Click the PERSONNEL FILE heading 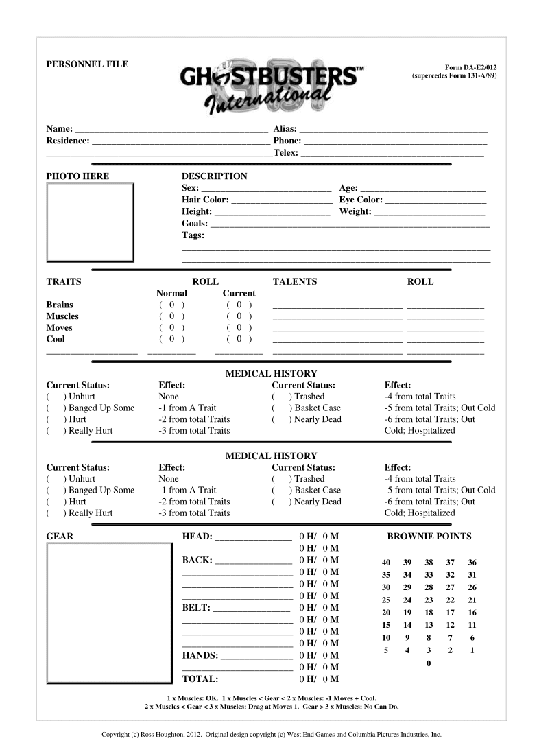click(87, 64)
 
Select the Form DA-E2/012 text click(470, 67)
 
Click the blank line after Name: click(171, 129)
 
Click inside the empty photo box click(90, 221)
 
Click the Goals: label click(195, 223)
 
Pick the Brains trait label click(60, 305)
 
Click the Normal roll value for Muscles click(172, 316)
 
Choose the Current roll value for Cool click(239, 339)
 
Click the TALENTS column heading click(295, 281)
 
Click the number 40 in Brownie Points click(386, 563)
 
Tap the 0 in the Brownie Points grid click(429, 663)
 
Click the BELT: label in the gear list click(197, 608)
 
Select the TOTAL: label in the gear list click(200, 679)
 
